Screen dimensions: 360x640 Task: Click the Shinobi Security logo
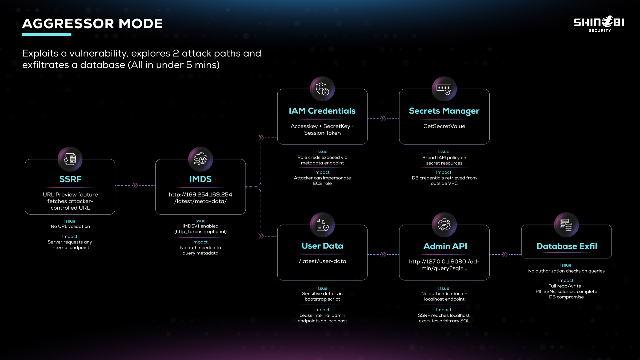pyautogui.click(x=599, y=23)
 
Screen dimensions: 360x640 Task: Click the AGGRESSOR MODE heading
pyautogui.click(x=92, y=23)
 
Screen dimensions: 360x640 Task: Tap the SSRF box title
pyautogui.click(x=70, y=179)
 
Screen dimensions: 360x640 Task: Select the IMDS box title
pyautogui.click(x=201, y=179)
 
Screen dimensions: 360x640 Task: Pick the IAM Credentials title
pyautogui.click(x=322, y=111)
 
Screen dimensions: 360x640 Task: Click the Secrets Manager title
pyautogui.click(x=444, y=111)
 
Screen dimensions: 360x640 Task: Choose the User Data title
pyautogui.click(x=322, y=246)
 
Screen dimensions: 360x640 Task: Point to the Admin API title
pyautogui.click(x=445, y=246)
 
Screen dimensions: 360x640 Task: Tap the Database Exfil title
pyautogui.click(x=567, y=246)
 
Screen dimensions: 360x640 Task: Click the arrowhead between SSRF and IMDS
pyautogui.click(x=135, y=185)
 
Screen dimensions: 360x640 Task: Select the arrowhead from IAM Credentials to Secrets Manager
pyautogui.click(x=383, y=119)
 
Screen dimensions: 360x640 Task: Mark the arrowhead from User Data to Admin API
pyautogui.click(x=383, y=254)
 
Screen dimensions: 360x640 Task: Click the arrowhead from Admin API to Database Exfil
pyautogui.click(x=505, y=254)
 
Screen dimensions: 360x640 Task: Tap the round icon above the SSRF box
pyautogui.click(x=70, y=159)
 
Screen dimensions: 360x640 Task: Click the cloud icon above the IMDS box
pyautogui.click(x=201, y=159)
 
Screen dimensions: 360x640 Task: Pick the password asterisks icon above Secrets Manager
pyautogui.click(x=444, y=89)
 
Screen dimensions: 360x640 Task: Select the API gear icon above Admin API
pyautogui.click(x=444, y=225)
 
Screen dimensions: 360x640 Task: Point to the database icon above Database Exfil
pyautogui.click(x=566, y=225)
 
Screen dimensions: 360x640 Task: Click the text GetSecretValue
pyautogui.click(x=444, y=126)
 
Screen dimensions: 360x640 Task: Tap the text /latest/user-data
pyautogui.click(x=322, y=261)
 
